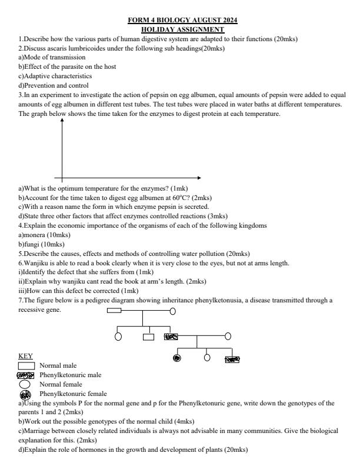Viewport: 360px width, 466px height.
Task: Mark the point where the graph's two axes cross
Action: [62, 178]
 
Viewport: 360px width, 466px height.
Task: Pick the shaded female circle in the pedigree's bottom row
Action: [176, 357]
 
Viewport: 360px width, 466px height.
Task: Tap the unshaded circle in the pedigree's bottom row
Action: [206, 357]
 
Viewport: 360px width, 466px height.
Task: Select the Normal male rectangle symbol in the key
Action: [26, 365]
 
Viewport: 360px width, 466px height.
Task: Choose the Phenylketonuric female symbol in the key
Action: [26, 393]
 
